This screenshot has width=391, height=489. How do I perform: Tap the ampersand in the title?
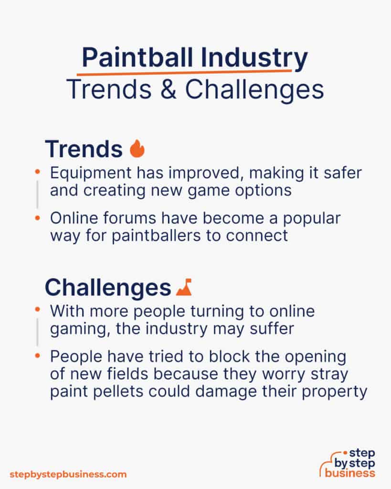(170, 90)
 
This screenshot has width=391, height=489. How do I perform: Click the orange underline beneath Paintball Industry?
(184, 72)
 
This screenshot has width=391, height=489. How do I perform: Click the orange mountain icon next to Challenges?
(184, 287)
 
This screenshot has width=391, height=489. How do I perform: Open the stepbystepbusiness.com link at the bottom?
(68, 474)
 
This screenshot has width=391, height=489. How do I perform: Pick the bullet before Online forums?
(37, 218)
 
